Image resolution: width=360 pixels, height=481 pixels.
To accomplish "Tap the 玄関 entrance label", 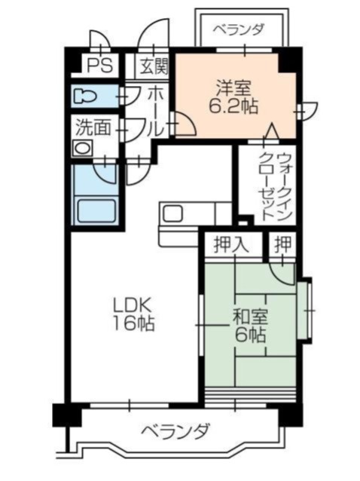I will click(x=155, y=66).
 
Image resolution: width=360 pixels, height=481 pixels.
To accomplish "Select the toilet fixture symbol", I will click(x=88, y=96).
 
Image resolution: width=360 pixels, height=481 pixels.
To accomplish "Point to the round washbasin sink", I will click(x=81, y=147).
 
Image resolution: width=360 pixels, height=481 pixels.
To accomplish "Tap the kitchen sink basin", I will click(x=173, y=213).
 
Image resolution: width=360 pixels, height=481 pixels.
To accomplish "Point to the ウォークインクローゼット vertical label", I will click(x=274, y=185).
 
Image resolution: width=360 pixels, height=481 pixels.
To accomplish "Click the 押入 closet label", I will click(x=230, y=244).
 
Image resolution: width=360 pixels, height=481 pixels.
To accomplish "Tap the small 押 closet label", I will click(x=282, y=244).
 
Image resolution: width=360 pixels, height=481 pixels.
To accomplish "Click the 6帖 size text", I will click(x=249, y=335).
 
